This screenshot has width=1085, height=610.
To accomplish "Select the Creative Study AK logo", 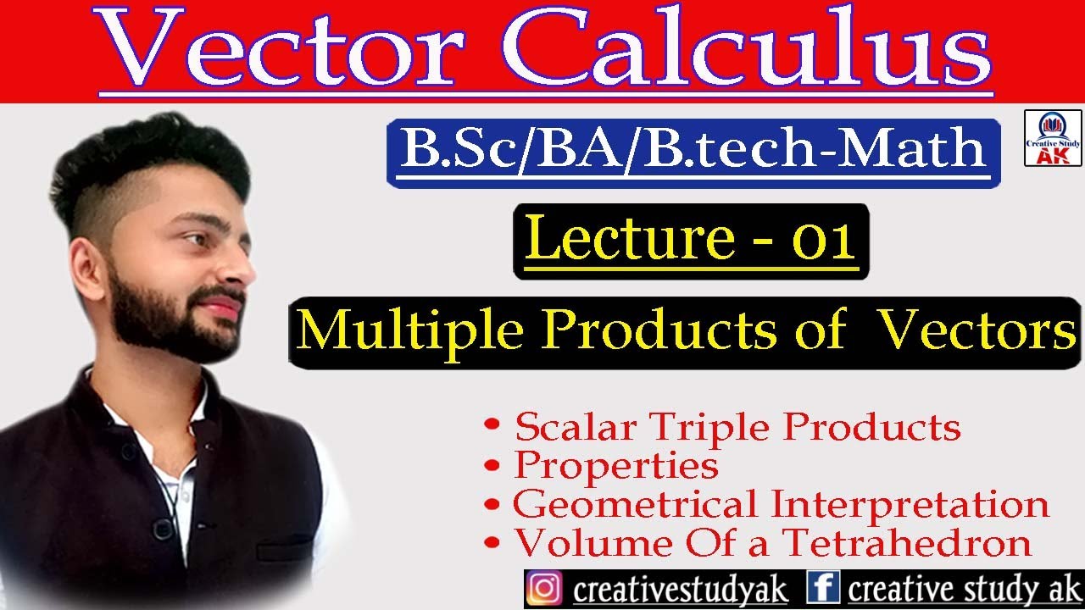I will [x=1052, y=137].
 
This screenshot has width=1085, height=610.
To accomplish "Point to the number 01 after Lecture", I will [x=822, y=241].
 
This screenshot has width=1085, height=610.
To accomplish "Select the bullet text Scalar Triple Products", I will [x=737, y=427].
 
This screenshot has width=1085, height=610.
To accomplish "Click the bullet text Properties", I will [x=616, y=465].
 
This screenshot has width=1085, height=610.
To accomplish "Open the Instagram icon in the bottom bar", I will [x=544, y=589].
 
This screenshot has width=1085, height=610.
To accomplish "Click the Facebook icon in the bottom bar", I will [x=823, y=588].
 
